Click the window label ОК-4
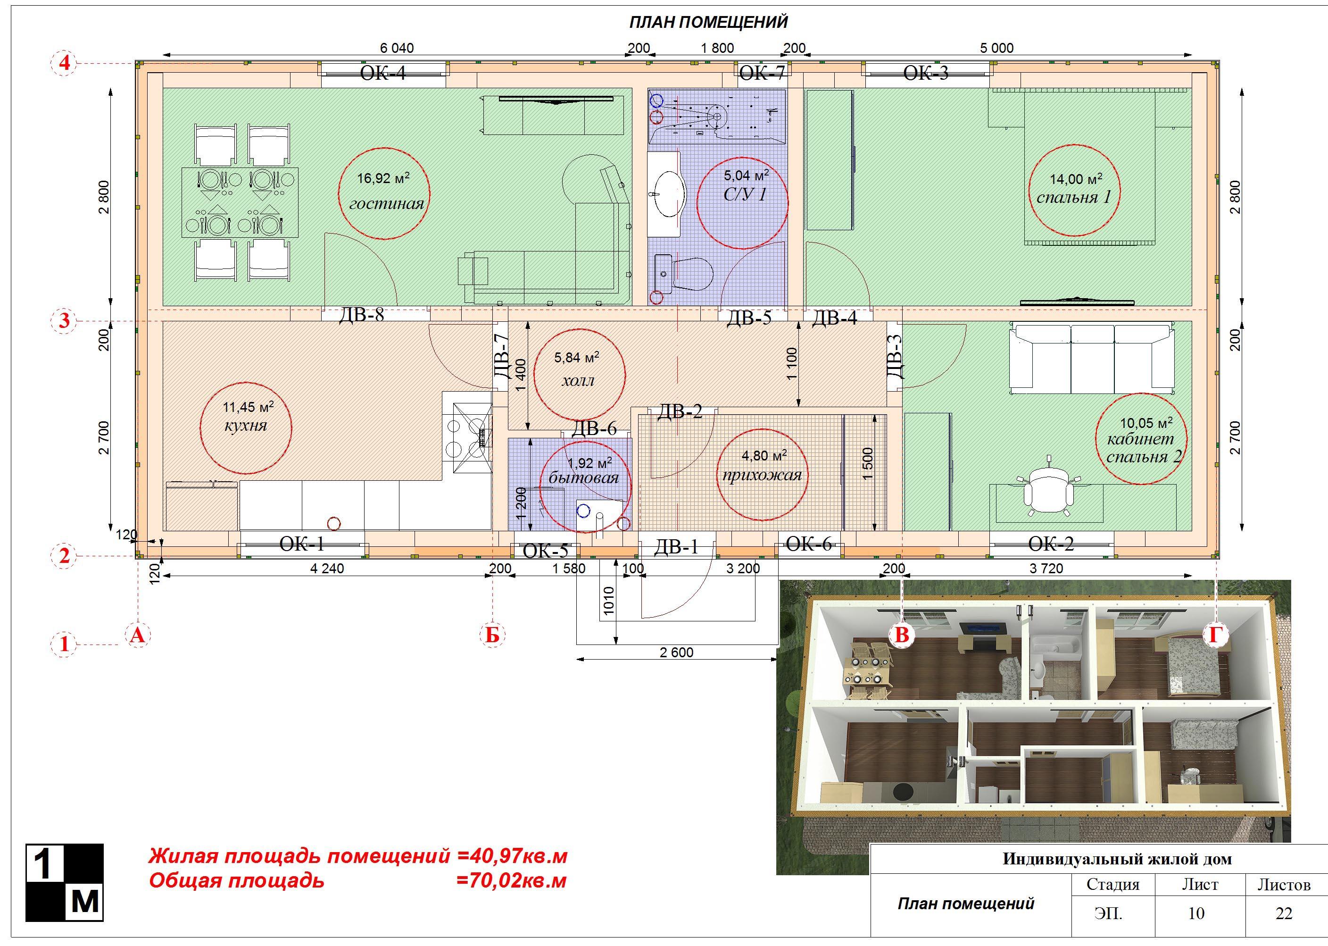pos(382,74)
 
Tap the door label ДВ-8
pos(362,315)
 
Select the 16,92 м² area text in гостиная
pos(382,178)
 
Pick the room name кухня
pos(245,425)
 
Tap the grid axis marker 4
pos(65,63)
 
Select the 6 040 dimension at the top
pos(397,48)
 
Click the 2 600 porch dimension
pos(677,653)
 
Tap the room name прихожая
pos(762,475)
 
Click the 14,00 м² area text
pos(1075,179)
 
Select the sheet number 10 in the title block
pos(1196,913)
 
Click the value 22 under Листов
pos(1284,913)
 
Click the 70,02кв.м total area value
pos(511,880)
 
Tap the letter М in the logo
pos(84,903)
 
